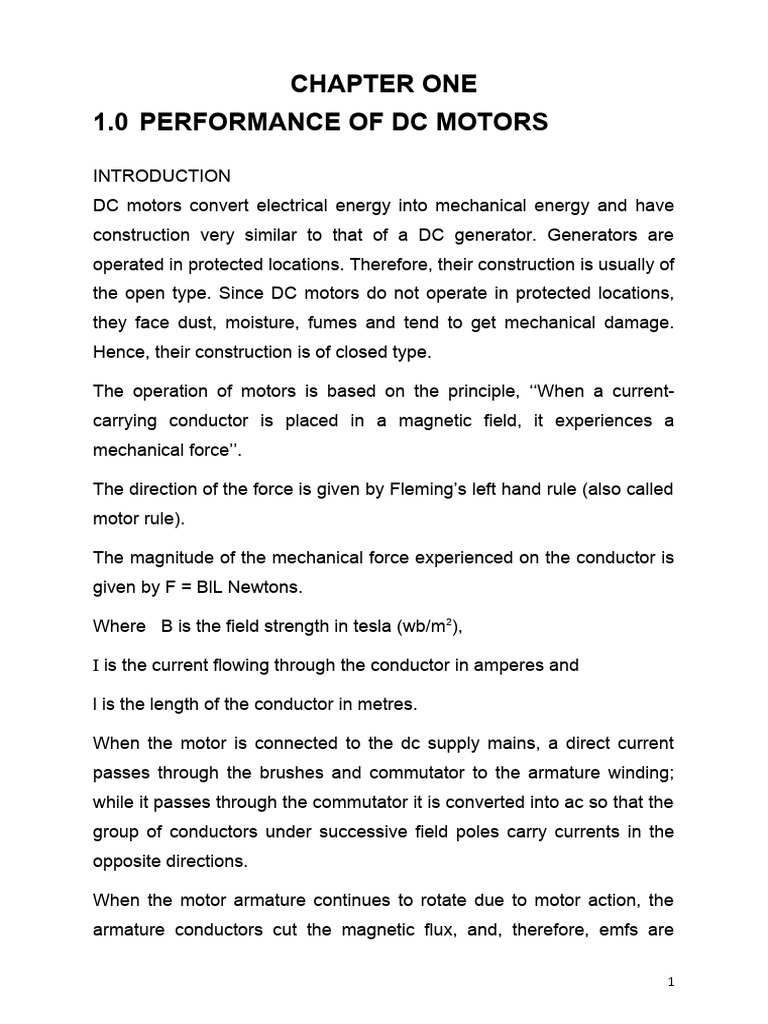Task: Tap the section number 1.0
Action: [112, 123]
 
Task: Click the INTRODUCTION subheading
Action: [162, 176]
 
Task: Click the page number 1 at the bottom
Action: [672, 983]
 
